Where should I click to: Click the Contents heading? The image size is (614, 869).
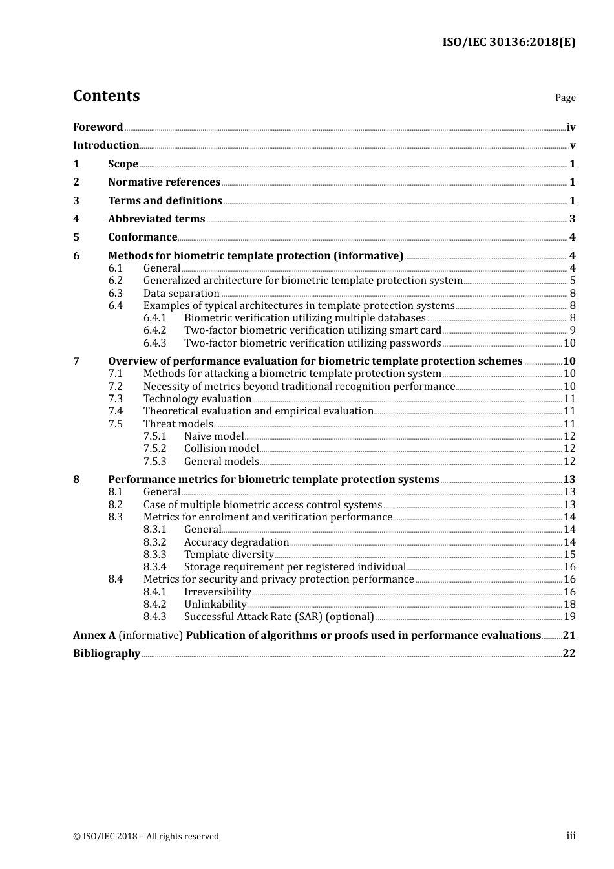[106, 96]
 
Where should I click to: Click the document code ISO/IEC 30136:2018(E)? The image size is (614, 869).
[509, 42]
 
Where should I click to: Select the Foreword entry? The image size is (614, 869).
[98, 127]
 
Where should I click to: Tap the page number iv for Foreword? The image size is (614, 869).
[571, 127]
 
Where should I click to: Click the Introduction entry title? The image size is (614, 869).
[106, 145]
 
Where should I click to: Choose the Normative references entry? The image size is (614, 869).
[164, 182]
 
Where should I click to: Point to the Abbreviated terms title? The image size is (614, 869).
[156, 219]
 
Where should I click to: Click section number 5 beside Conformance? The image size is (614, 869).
[76, 237]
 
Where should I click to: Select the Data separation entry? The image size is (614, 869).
[181, 293]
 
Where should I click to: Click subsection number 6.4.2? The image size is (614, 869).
[154, 330]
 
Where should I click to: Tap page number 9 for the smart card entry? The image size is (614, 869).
[572, 330]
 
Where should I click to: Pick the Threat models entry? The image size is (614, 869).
[178, 424]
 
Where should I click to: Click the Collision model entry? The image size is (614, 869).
[221, 448]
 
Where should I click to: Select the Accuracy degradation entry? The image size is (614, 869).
[236, 542]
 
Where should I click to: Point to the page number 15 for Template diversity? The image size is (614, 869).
[569, 554]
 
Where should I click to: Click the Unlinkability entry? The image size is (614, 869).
[215, 604]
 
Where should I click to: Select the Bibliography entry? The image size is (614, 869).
[107, 653]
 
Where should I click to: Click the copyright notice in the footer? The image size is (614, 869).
[146, 836]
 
